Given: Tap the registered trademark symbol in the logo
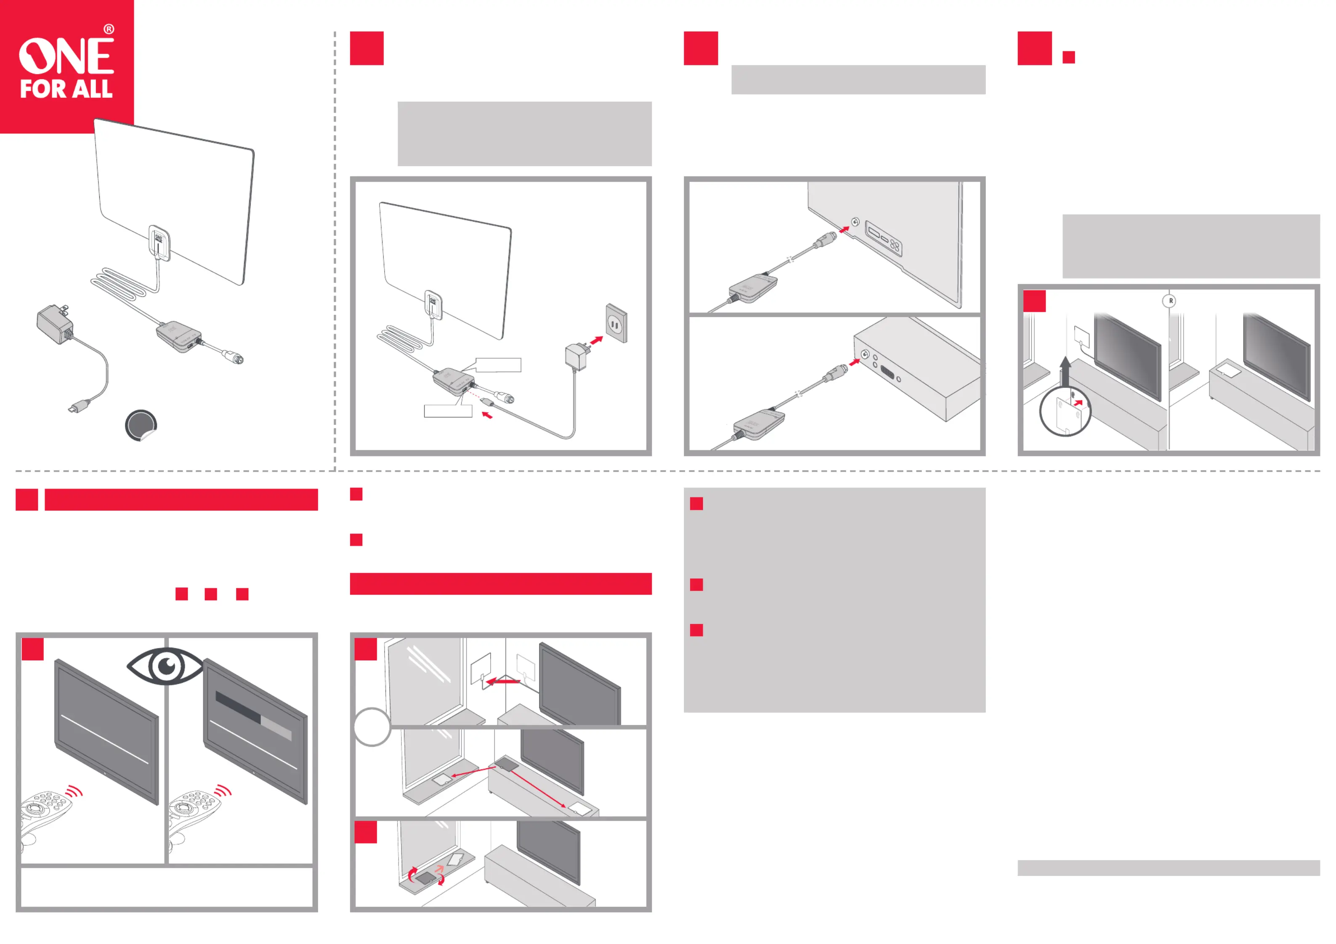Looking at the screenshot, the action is (x=109, y=29).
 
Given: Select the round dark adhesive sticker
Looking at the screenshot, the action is (x=141, y=425).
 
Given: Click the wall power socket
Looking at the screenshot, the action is (x=616, y=323).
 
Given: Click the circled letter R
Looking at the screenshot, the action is (x=1170, y=301).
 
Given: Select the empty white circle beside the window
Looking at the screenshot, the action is (x=372, y=727).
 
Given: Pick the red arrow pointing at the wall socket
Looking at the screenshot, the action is (x=596, y=340).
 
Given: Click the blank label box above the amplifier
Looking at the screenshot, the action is (x=498, y=365).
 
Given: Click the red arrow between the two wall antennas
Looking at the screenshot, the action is (x=503, y=680).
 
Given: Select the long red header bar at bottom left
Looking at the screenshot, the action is (x=181, y=500).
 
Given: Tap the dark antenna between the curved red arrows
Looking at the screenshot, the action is (x=426, y=878).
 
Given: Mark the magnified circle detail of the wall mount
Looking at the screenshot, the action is (x=1065, y=413).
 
